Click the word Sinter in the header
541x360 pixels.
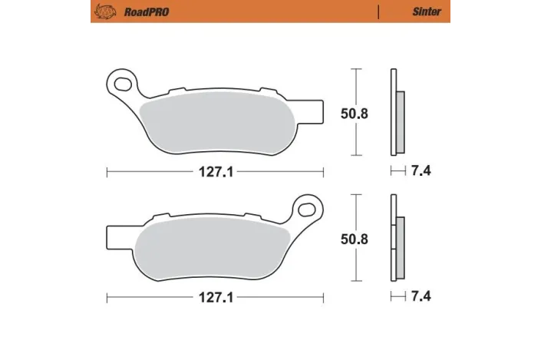[426, 12]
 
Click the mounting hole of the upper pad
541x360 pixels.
[120, 81]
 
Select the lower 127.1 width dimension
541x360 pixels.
[214, 296]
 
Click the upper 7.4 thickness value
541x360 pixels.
[421, 170]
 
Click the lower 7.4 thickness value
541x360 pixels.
[421, 296]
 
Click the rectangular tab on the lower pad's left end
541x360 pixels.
[114, 230]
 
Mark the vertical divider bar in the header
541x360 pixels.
[378, 12]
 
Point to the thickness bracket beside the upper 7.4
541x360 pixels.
[397, 170]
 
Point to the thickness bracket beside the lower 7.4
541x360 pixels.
[397, 296]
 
